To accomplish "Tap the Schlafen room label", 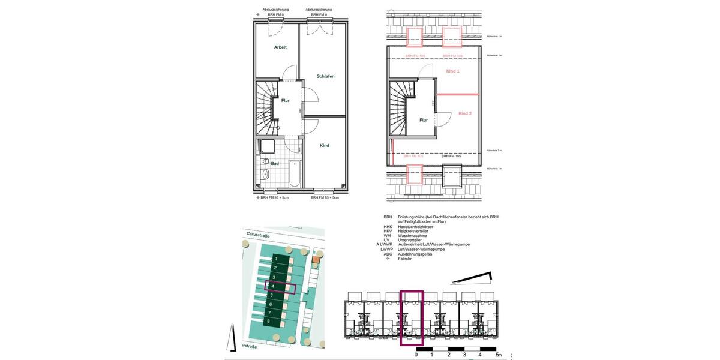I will (x=326, y=76).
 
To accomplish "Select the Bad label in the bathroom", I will (x=275, y=163).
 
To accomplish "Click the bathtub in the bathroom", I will (x=295, y=174).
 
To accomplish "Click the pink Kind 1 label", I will (x=453, y=71).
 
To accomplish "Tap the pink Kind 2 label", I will (x=465, y=113).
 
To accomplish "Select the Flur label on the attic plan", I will (x=424, y=120).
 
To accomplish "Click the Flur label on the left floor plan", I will (x=286, y=101).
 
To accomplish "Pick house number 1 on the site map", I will (x=275, y=258).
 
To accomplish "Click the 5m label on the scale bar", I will (x=498, y=355).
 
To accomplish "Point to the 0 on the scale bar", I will (x=416, y=355).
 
